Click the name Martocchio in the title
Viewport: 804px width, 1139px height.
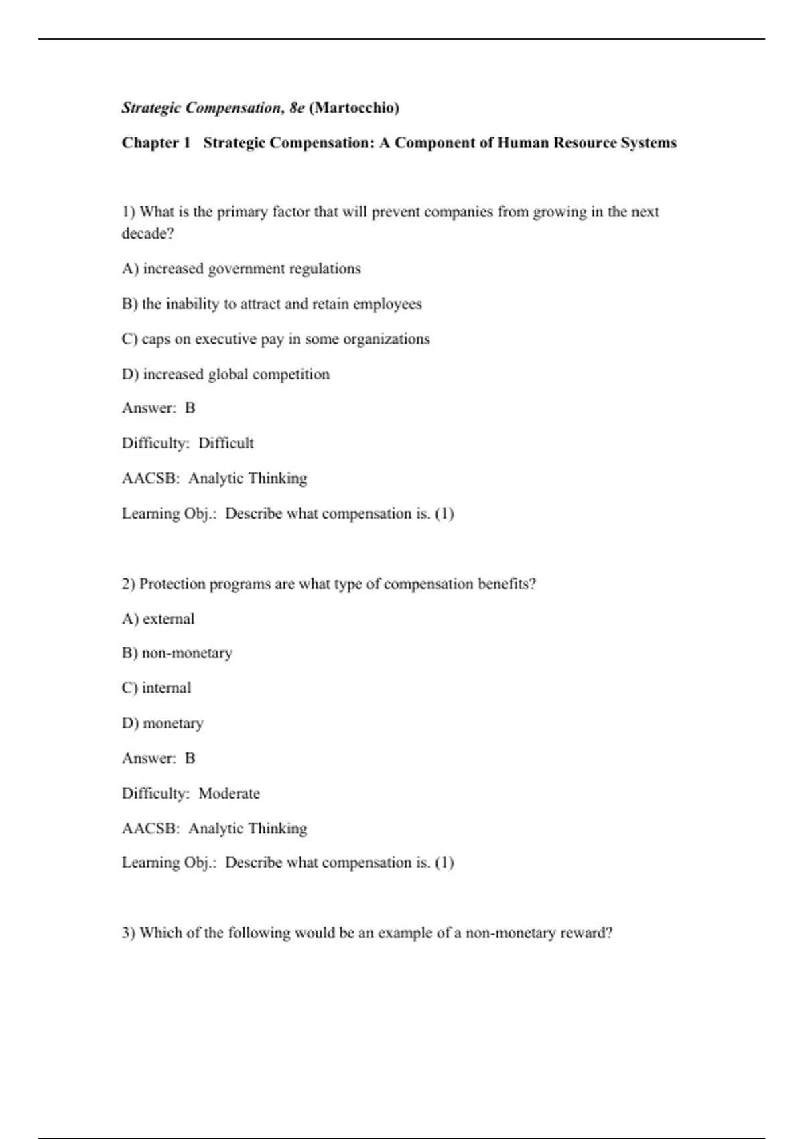[356, 108]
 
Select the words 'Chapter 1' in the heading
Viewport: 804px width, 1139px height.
[156, 143]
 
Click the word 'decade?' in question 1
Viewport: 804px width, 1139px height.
[147, 233]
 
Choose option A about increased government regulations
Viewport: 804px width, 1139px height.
[241, 269]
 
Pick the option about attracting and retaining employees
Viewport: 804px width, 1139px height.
[271, 304]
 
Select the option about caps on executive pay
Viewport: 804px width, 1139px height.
[275, 339]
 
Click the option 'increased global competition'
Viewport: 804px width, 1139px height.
[226, 374]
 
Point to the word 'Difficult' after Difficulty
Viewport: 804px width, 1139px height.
[226, 443]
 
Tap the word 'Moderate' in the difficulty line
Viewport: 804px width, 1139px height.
[229, 793]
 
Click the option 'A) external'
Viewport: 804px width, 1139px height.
[158, 618]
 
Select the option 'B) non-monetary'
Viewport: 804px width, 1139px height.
[177, 653]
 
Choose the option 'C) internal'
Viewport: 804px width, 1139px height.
[156, 688]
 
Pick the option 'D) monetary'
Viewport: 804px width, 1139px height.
[162, 723]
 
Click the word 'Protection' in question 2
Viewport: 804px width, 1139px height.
[172, 584]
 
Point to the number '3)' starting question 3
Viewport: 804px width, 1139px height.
[129, 933]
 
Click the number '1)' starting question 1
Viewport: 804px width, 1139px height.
[129, 212]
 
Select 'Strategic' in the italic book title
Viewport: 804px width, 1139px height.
[151, 108]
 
